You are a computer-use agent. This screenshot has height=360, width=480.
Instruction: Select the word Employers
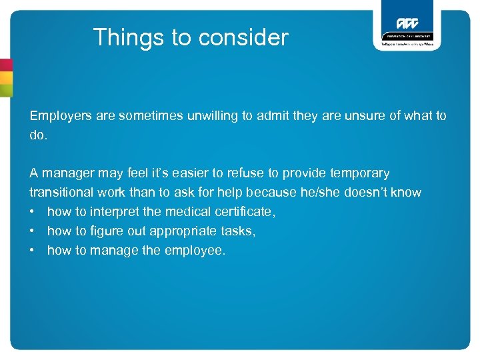tap(59, 116)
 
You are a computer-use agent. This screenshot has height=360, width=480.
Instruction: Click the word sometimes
tap(147, 116)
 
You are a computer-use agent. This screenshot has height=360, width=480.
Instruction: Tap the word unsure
tap(361, 116)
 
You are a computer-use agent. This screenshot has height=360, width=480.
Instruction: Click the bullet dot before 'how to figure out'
tap(33, 231)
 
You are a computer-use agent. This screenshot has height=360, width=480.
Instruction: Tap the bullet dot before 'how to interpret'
tap(33, 212)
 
